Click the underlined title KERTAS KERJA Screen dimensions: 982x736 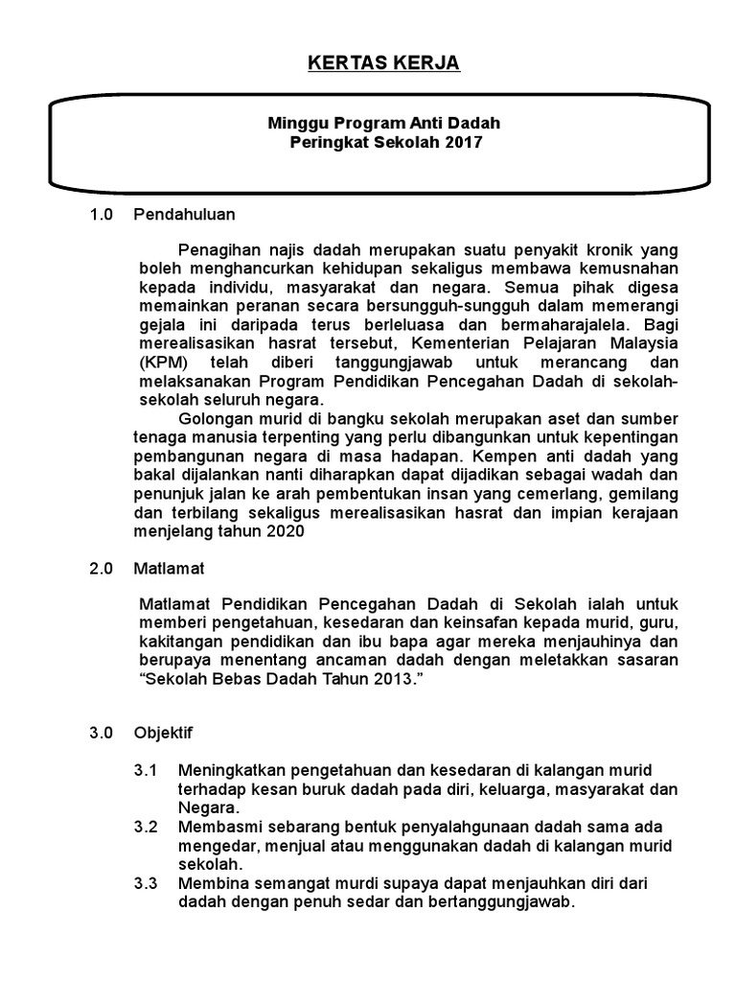pyautogui.click(x=370, y=63)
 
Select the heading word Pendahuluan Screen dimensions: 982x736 pyautogui.click(x=185, y=214)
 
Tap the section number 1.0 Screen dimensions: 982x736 pyautogui.click(x=102, y=214)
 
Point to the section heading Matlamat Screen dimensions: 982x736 pyautogui.click(x=170, y=568)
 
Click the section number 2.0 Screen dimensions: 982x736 pyautogui.click(x=102, y=568)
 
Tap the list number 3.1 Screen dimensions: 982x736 pyautogui.click(x=147, y=770)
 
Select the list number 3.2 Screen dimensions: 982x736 pyautogui.click(x=147, y=826)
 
